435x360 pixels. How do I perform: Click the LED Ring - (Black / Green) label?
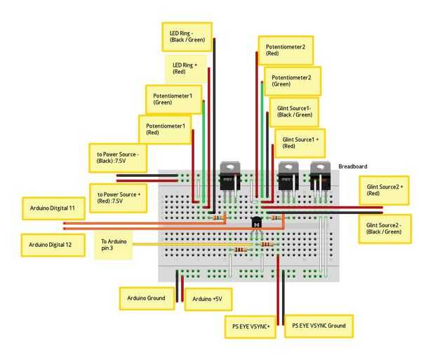[x=186, y=36]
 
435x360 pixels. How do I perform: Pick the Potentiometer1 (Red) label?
[x=165, y=129]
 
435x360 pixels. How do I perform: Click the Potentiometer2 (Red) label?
[x=286, y=49]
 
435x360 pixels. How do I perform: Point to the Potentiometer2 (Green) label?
[x=292, y=80]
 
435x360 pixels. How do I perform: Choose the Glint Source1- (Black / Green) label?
[x=294, y=111]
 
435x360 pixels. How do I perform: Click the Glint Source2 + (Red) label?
[x=384, y=190]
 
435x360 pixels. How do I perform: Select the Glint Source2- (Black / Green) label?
[x=384, y=228]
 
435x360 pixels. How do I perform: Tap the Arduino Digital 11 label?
[x=53, y=208]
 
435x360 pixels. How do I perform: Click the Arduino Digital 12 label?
[x=53, y=245]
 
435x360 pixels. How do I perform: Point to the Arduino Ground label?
[x=147, y=298]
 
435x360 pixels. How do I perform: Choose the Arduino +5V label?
[x=208, y=300]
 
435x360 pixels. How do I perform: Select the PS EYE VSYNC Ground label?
[x=319, y=326]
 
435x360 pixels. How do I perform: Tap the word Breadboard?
[x=352, y=166]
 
